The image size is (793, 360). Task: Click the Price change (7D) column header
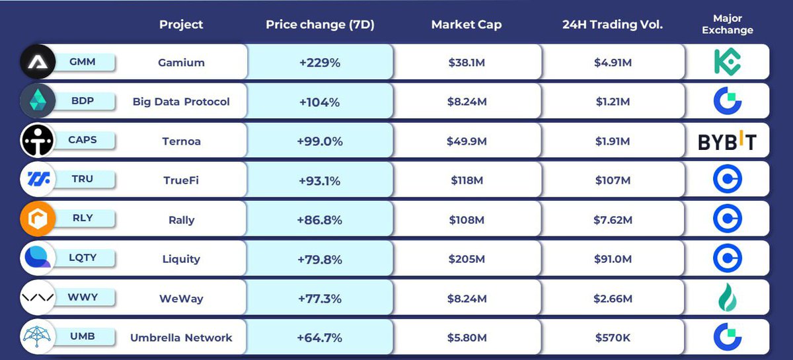(x=320, y=24)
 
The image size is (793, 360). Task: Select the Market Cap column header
(x=466, y=24)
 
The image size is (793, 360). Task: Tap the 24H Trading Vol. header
(x=612, y=24)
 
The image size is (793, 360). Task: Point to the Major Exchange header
(x=727, y=24)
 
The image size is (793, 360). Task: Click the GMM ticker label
(x=82, y=62)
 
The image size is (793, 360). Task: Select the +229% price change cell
(x=320, y=63)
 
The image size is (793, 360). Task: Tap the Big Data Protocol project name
(x=181, y=102)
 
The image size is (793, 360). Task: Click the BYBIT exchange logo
(x=727, y=141)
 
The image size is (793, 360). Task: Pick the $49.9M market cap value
(x=467, y=141)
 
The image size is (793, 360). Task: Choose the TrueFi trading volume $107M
(x=612, y=180)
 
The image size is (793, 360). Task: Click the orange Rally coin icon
(x=38, y=219)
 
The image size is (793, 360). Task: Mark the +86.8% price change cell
(x=320, y=220)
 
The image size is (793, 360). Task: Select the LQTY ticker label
(x=82, y=258)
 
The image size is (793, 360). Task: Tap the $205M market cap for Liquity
(x=467, y=259)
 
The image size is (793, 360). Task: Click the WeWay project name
(x=181, y=299)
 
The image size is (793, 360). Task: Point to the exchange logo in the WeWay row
(x=727, y=298)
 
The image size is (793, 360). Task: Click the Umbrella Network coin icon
(x=38, y=337)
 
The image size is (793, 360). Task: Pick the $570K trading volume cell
(x=612, y=338)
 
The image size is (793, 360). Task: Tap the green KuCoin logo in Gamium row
(x=727, y=62)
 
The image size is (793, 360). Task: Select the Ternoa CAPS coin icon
(x=38, y=141)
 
